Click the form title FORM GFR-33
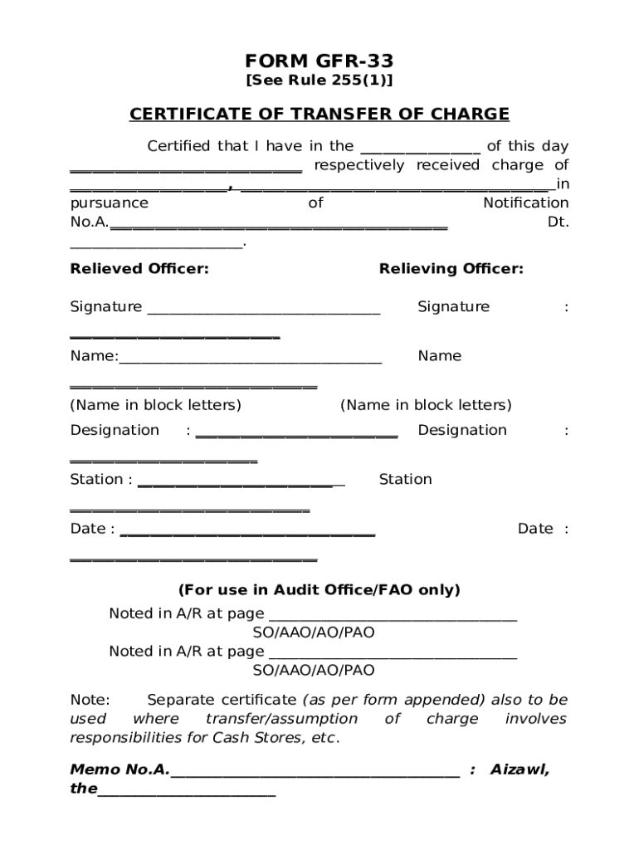319,61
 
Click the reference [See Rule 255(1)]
319,81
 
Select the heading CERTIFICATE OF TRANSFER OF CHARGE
319,114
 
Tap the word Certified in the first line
178,146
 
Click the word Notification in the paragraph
526,203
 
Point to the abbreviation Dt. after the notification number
558,222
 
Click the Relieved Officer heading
139,269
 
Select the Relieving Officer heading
451,269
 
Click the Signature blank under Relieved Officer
264,310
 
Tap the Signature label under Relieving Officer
453,307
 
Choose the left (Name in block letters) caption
156,405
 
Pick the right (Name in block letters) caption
426,405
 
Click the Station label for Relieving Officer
405,479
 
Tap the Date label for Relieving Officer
535,529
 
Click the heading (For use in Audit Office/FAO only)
319,590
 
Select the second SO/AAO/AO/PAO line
314,670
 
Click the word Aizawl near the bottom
519,769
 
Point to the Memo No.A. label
120,769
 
